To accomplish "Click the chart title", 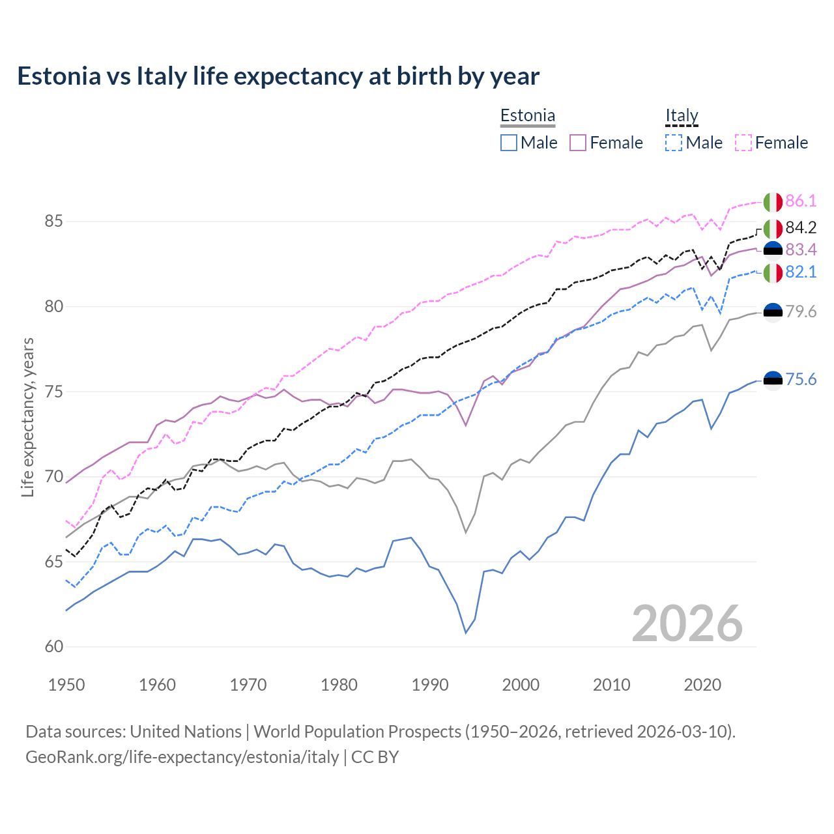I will (x=278, y=76).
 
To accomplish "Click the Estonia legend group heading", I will (x=527, y=116).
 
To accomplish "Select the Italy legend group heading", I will (x=682, y=116).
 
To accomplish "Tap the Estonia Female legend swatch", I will (x=578, y=143).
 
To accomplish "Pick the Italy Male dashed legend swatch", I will (x=674, y=143).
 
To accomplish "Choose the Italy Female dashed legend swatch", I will (x=743, y=143).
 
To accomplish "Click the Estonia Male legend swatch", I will (x=509, y=143).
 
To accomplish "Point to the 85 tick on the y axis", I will (x=53, y=222).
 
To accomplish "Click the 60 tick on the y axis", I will (x=53, y=647).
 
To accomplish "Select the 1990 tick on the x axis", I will (x=430, y=685).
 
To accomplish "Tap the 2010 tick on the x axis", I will (x=611, y=685).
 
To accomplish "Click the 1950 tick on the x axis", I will (x=66, y=685).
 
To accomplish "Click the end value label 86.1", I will (x=801, y=201).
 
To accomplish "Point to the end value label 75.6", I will (x=801, y=380).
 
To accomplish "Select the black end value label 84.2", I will (x=801, y=227).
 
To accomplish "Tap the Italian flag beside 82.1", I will (x=773, y=273).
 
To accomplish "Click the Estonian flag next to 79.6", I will (x=773, y=313).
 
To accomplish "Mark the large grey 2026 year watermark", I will (x=687, y=624).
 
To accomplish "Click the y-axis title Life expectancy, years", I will (x=27, y=417).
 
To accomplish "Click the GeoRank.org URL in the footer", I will (x=182, y=757).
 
